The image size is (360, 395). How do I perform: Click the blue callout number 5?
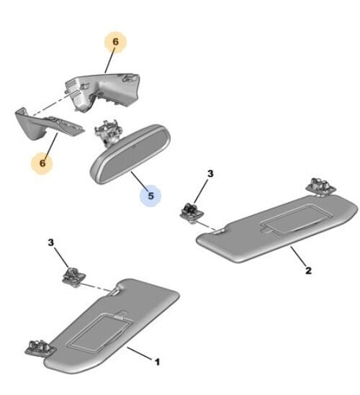point(150,196)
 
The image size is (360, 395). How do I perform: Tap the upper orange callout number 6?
point(115,42)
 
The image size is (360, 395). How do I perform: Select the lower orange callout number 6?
point(42,163)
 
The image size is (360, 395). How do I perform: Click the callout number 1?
point(157,362)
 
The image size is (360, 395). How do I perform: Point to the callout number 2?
point(308,271)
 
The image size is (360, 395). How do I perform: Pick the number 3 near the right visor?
point(210,173)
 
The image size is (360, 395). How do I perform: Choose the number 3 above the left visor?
point(50,242)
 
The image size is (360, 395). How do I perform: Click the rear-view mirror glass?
point(131,155)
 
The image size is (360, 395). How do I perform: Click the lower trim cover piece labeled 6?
point(48,124)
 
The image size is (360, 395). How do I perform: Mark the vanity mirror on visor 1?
point(99,332)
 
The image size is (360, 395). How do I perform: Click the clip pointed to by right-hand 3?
point(192,212)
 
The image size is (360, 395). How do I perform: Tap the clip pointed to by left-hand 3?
point(73,277)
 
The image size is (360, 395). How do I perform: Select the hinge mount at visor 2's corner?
point(320,186)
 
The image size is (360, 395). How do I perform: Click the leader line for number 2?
point(298,255)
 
